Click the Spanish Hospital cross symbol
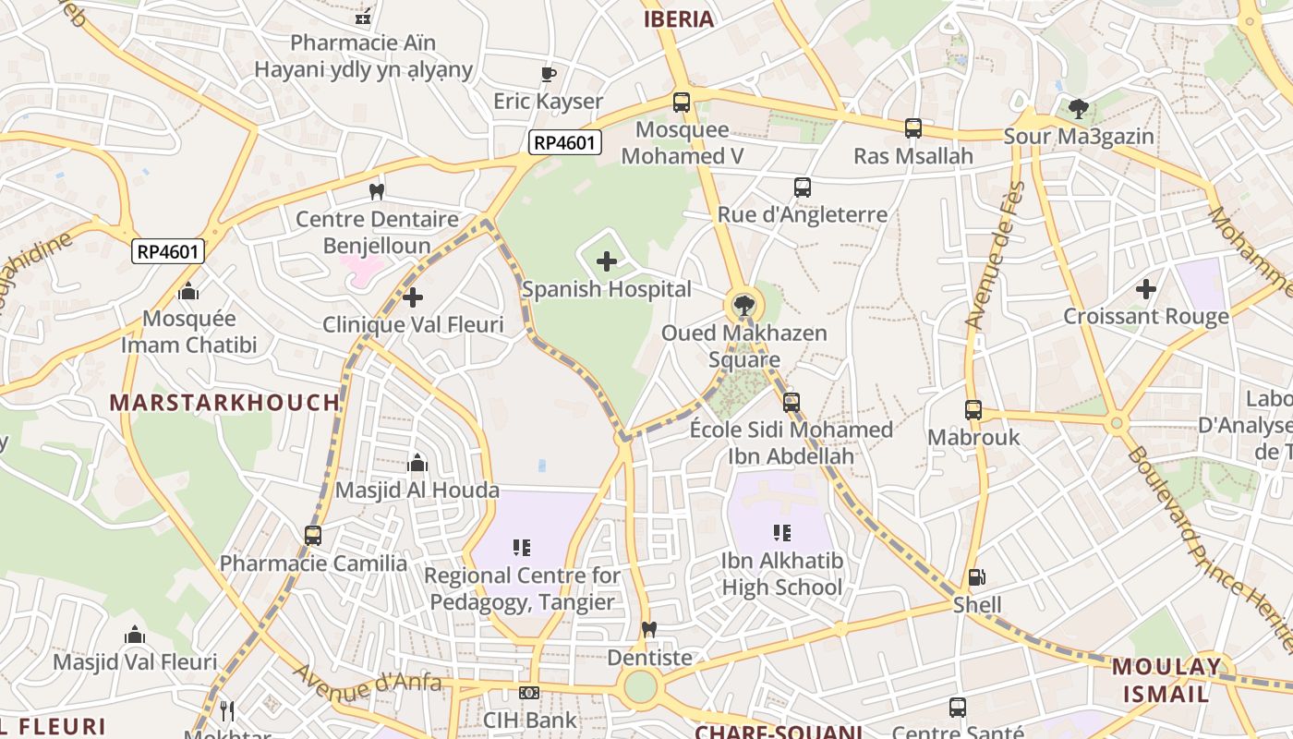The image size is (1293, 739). [x=607, y=261]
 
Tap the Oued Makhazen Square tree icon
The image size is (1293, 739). [x=743, y=304]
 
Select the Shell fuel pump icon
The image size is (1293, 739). [x=976, y=578]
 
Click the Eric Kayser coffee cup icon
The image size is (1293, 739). [x=548, y=74]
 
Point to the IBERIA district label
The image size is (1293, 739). [x=679, y=19]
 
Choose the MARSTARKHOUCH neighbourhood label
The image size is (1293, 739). [x=225, y=403]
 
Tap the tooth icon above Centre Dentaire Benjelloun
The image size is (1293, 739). [x=376, y=192]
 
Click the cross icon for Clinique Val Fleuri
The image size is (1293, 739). [x=413, y=297]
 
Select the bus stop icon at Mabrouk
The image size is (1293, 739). [x=973, y=410]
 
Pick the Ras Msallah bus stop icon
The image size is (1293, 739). [x=912, y=128]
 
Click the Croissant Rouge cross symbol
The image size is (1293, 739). [x=1146, y=289]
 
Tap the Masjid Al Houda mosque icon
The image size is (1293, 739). [x=417, y=463]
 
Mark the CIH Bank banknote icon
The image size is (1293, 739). [x=529, y=693]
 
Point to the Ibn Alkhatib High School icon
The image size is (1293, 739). [x=782, y=533]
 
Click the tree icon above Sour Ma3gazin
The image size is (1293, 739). [x=1078, y=109]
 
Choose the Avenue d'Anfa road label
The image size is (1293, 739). [x=368, y=682]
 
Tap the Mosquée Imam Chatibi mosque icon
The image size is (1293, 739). [x=188, y=291]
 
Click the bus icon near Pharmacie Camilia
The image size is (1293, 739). [x=313, y=536]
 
